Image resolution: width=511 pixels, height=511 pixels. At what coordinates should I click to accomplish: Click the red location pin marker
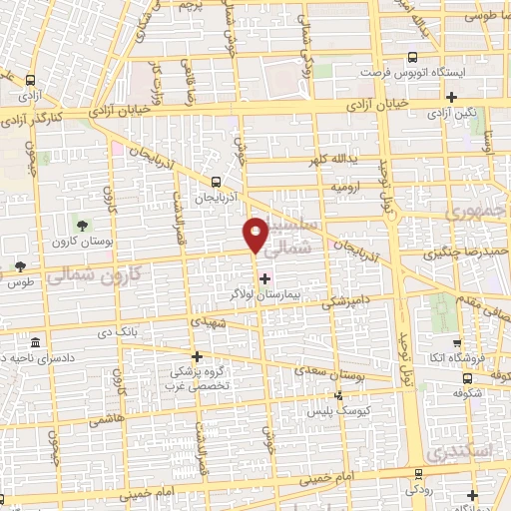tap(256, 234)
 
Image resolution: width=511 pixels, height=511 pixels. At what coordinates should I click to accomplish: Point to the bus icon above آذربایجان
tap(216, 182)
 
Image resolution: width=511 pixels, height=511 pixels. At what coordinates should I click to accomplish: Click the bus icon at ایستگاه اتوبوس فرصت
tap(413, 59)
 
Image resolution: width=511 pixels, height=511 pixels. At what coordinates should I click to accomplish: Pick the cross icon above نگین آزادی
tap(452, 98)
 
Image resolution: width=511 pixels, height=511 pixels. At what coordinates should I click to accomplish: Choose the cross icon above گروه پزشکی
tap(198, 356)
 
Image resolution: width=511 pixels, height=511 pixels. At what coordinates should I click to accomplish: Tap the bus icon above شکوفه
tap(467, 377)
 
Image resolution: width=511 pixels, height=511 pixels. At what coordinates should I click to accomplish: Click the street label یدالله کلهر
tap(350, 160)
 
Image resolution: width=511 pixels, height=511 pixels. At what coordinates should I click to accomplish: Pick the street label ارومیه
tap(340, 187)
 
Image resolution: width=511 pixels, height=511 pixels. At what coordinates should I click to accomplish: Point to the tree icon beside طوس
tap(19, 266)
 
